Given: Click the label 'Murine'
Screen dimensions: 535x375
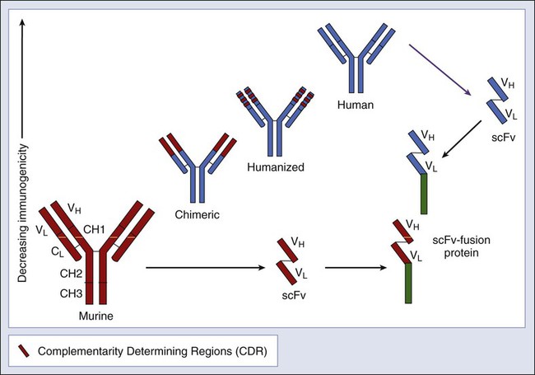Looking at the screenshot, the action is click(95, 316).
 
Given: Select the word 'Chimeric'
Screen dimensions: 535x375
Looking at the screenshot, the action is click(198, 214).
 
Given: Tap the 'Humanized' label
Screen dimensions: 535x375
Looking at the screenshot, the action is click(276, 167).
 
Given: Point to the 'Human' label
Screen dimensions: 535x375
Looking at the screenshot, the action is click(356, 105).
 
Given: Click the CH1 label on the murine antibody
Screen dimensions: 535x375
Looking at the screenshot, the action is click(94, 229).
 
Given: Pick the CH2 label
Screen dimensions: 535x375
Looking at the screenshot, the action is click(71, 274).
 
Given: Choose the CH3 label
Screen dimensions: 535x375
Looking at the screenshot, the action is click(71, 293).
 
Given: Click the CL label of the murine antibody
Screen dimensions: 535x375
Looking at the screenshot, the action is click(58, 252).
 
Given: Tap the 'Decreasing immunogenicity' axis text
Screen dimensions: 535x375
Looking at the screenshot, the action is click(22, 213).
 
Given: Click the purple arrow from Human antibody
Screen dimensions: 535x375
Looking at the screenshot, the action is click(440, 70).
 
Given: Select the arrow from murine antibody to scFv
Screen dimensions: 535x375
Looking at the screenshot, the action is click(206, 267).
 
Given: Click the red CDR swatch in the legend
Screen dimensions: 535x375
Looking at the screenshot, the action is click(24, 351).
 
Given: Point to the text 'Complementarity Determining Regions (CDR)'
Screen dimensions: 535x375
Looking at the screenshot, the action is click(152, 351).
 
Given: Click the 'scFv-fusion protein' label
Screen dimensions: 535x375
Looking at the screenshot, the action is click(461, 246).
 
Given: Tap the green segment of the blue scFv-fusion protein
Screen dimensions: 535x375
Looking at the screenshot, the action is click(424, 194).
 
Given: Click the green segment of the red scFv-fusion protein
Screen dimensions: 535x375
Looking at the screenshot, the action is click(408, 284).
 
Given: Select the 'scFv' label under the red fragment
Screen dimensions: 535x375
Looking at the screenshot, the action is click(294, 295).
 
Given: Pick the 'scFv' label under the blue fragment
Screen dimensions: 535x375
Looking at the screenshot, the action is click(503, 138).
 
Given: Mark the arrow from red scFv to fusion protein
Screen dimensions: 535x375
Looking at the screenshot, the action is click(356, 267).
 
